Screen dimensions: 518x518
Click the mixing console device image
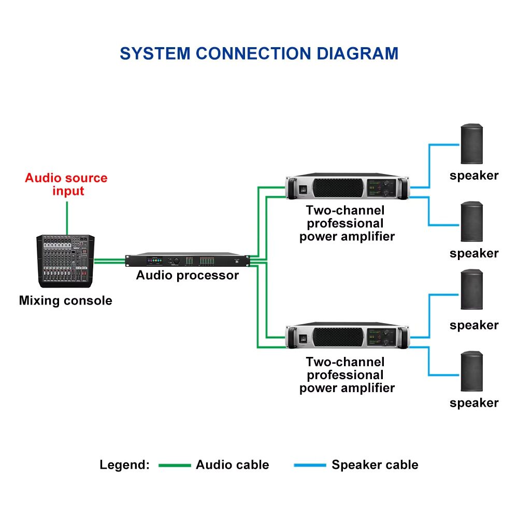(x=65, y=261)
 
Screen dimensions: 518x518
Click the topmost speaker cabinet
(x=471, y=143)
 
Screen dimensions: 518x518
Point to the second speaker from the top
(x=471, y=221)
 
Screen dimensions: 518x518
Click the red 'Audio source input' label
(x=66, y=184)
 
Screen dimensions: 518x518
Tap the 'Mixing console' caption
(x=65, y=300)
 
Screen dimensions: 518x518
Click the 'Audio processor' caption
(x=187, y=275)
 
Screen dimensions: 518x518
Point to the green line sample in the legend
(x=174, y=465)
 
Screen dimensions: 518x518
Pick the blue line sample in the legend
(x=310, y=465)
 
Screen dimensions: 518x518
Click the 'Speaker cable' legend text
(x=375, y=465)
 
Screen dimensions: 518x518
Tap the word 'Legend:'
(x=124, y=465)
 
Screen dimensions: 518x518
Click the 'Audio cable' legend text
(x=232, y=465)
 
